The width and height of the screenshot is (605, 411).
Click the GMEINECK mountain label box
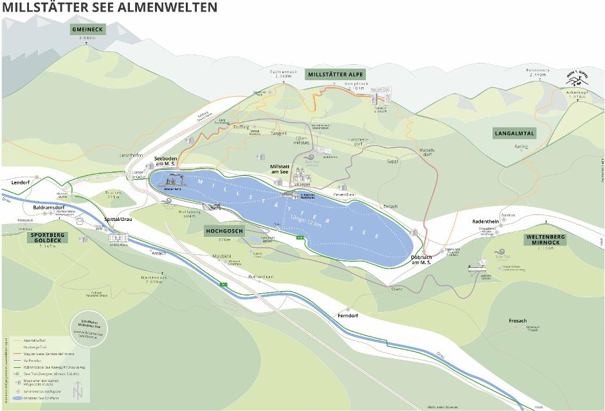(x=87, y=30)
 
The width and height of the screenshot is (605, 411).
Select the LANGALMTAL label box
(x=514, y=134)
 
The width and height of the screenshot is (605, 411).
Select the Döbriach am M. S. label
(x=424, y=259)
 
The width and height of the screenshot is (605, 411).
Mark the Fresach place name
(x=517, y=320)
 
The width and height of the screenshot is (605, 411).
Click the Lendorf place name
(x=21, y=182)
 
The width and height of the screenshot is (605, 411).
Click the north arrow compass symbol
(x=78, y=390)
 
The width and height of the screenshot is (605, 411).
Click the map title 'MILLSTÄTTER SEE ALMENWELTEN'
(x=109, y=7)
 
